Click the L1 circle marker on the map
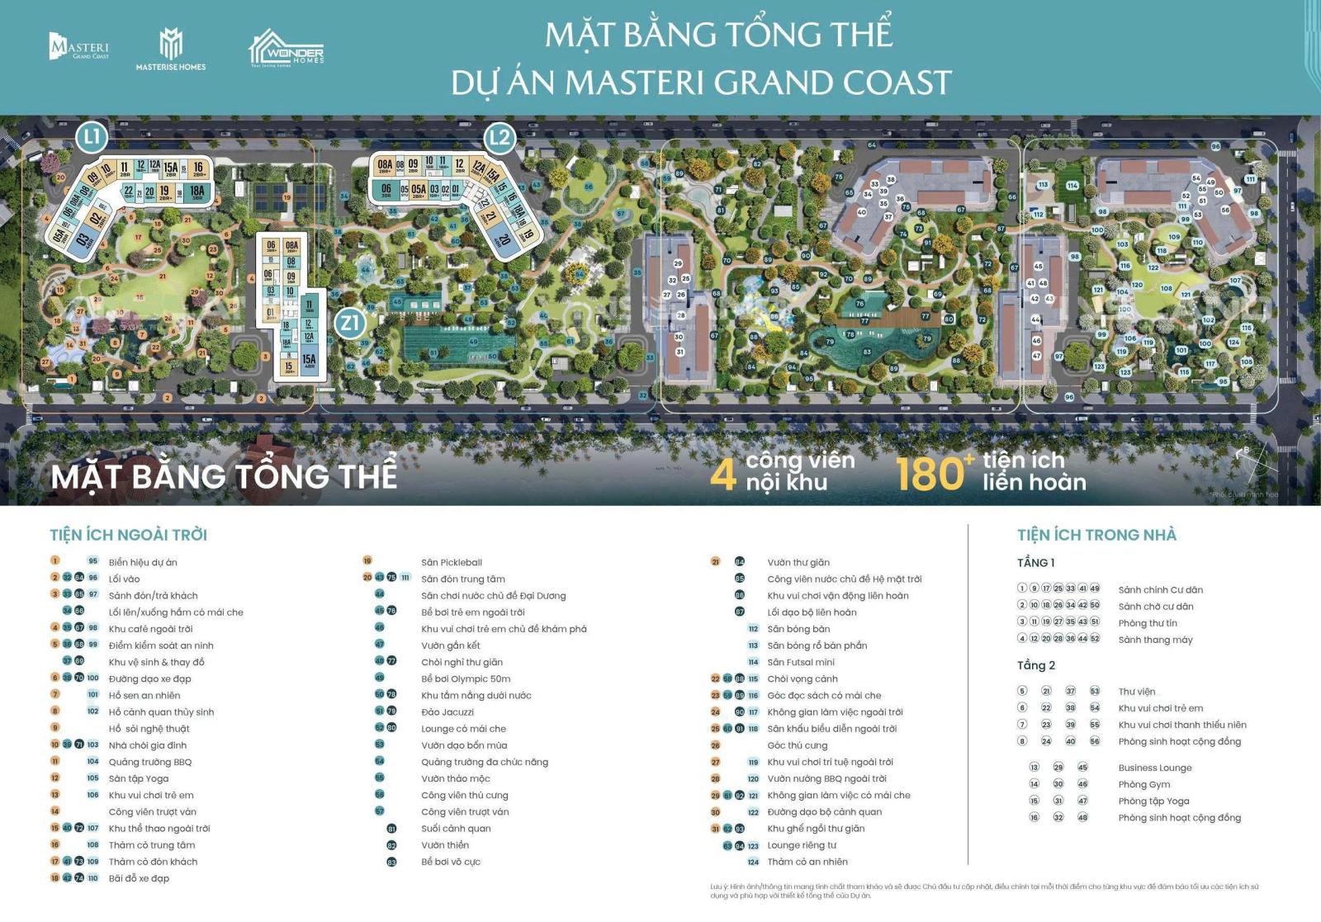[x=92, y=137]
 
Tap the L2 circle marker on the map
[x=500, y=138]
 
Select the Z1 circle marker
[x=350, y=323]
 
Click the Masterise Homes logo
[x=171, y=49]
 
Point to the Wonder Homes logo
[x=286, y=50]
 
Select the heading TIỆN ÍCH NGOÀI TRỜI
[x=128, y=535]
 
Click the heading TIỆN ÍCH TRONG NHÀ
[x=1096, y=535]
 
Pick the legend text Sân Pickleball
[x=452, y=562]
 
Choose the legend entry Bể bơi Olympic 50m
[x=466, y=678]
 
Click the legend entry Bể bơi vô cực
[x=451, y=862]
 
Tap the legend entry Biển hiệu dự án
[x=143, y=562]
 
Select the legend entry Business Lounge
[x=1155, y=768]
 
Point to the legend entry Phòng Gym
[x=1144, y=784]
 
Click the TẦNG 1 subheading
[x=1036, y=562]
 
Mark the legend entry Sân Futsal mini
[x=801, y=662]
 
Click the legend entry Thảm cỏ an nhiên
[x=807, y=862]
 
